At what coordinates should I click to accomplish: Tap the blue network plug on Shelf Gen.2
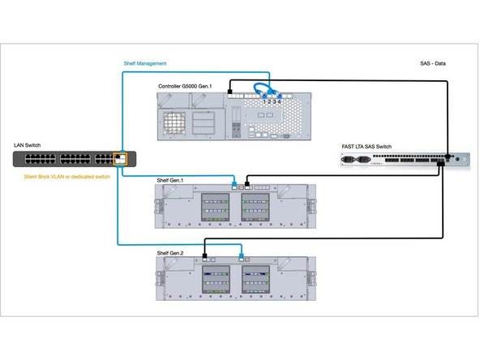coord(242,259)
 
